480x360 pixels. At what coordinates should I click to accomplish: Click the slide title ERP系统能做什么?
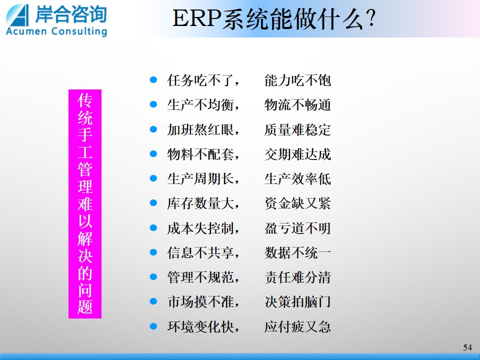click(x=274, y=19)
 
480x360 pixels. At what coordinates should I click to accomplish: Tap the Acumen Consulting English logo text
click(x=56, y=31)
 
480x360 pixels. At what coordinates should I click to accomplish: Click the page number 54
click(x=467, y=347)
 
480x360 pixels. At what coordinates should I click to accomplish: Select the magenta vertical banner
click(x=85, y=204)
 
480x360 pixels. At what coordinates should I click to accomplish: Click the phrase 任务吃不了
click(x=200, y=80)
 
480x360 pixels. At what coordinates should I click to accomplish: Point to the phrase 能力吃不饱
click(x=297, y=80)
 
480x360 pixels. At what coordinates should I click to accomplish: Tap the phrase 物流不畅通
click(x=297, y=105)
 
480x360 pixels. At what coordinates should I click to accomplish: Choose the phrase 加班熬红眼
click(x=200, y=130)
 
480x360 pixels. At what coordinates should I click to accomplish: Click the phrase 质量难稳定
click(x=297, y=130)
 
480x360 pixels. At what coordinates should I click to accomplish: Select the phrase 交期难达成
click(x=297, y=154)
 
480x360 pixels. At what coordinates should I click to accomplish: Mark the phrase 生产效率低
click(x=297, y=179)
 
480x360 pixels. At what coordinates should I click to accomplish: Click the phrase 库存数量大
click(x=200, y=203)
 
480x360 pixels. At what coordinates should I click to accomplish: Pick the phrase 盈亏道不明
click(x=297, y=228)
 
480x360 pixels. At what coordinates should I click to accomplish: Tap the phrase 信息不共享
click(x=200, y=253)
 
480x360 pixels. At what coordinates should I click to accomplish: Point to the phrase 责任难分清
click(x=297, y=277)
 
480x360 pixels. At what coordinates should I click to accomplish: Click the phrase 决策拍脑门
click(x=297, y=302)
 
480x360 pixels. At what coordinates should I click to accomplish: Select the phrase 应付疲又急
click(x=297, y=326)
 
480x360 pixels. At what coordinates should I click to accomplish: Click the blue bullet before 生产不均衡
click(x=153, y=104)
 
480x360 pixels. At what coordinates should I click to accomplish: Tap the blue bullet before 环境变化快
click(x=153, y=326)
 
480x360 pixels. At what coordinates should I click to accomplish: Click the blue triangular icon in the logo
click(x=18, y=15)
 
